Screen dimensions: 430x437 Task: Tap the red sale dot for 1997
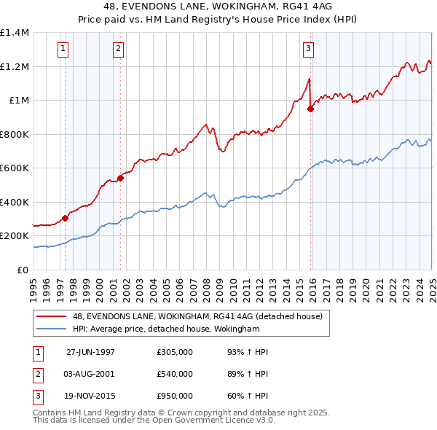tap(66, 218)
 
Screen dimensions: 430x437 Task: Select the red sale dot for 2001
tap(120, 179)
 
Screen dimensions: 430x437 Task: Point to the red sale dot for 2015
tap(311, 109)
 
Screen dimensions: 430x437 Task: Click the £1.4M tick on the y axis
tap(15, 33)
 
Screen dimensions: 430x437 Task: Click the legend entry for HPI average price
tap(166, 329)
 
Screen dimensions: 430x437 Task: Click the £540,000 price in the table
tap(175, 374)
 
